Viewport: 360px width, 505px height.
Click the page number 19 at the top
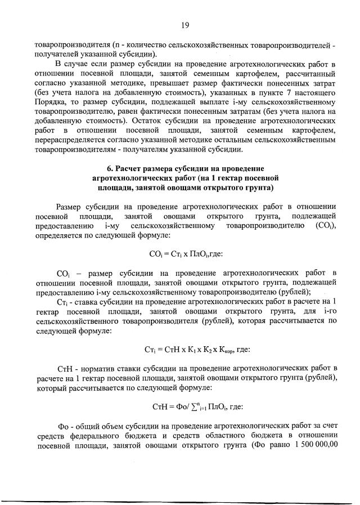click(x=184, y=25)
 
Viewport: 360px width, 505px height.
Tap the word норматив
click(x=99, y=368)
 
